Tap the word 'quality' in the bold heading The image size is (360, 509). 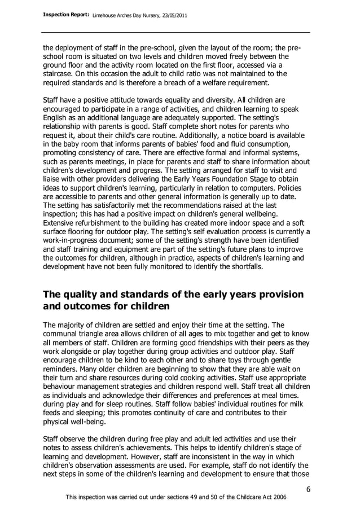pos(86,295)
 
